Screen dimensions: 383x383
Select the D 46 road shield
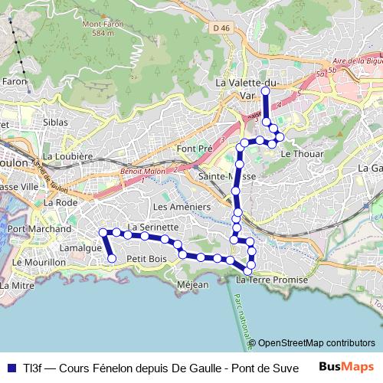click(x=222, y=28)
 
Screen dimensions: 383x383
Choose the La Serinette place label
click(x=153, y=228)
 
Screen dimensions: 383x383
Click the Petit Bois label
click(x=146, y=259)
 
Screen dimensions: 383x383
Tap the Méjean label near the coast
click(x=192, y=285)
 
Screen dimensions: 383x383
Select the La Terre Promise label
click(x=272, y=280)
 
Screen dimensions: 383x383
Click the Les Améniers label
click(x=182, y=207)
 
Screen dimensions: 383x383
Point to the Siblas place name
click(x=57, y=121)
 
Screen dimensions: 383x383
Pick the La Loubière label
click(x=67, y=156)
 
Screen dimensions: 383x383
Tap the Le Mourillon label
click(x=39, y=262)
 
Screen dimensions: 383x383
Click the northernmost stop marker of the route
click(x=265, y=92)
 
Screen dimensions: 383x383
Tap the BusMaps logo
click(x=347, y=366)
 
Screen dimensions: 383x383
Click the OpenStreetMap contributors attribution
click(x=316, y=342)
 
